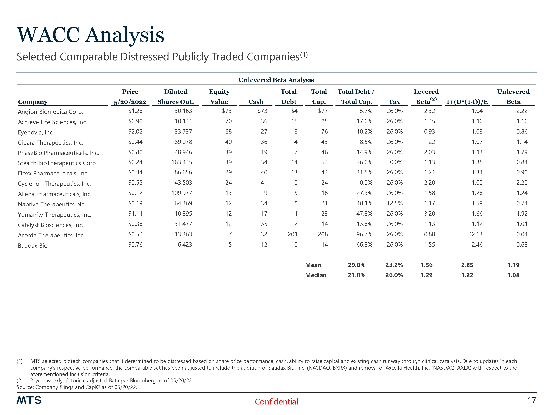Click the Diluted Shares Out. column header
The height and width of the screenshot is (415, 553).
[175, 97]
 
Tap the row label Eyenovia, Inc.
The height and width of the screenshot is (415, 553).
[36, 132]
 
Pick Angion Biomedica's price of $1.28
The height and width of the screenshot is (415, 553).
[135, 111]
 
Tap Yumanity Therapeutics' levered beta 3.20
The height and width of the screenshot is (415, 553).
[429, 214]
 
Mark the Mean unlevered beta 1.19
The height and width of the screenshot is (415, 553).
[513, 265]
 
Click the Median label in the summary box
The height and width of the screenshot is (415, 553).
[316, 275]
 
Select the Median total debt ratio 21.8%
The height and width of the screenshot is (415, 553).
[357, 275]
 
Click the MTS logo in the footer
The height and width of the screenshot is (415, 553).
[29, 400]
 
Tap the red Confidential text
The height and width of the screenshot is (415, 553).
[276, 402]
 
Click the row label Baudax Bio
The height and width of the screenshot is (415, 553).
[33, 246]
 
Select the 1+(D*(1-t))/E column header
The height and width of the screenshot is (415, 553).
[467, 102]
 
